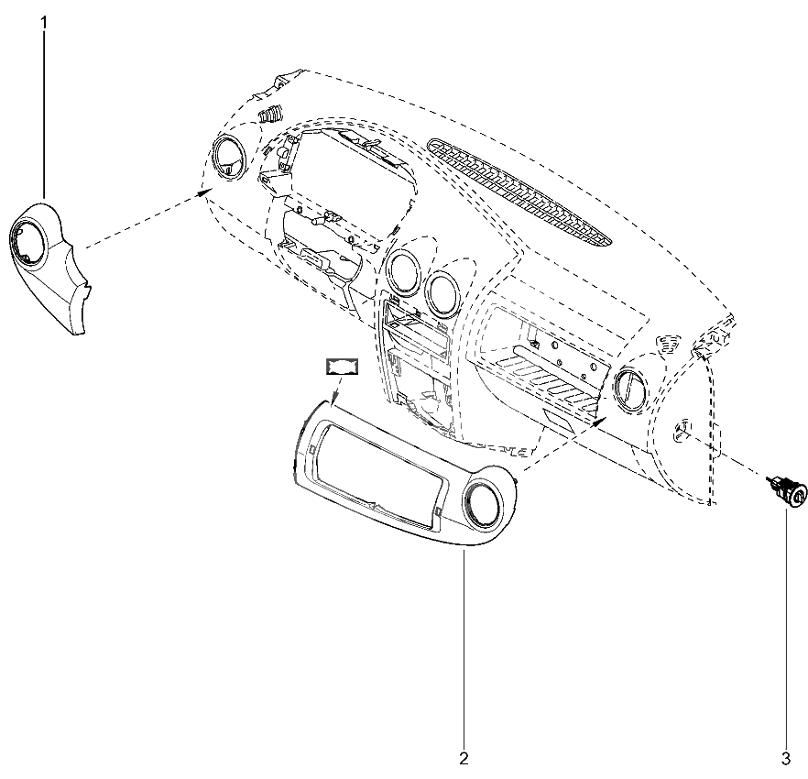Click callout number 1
44,23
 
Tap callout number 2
464,758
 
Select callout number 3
786,758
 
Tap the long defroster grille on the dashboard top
519,192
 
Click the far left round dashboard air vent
230,159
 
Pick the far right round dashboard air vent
632,389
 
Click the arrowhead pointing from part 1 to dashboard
205,192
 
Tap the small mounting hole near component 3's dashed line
682,429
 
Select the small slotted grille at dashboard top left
270,114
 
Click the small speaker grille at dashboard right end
670,343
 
